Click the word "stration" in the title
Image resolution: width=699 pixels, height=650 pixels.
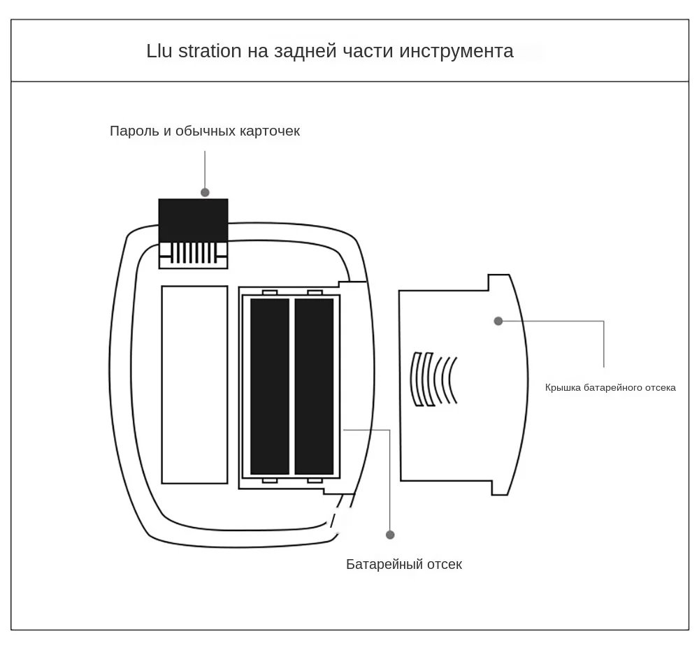click(x=210, y=51)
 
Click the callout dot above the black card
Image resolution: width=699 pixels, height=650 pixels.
click(x=205, y=192)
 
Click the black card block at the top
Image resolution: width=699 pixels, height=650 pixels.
click(x=193, y=220)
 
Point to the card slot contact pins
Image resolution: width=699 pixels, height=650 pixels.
click(x=193, y=252)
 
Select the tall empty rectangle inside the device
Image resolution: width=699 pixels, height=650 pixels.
click(x=194, y=384)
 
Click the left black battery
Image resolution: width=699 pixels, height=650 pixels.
click(x=270, y=386)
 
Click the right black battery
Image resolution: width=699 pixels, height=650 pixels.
click(x=314, y=386)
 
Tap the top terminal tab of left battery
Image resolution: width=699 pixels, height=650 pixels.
click(x=270, y=292)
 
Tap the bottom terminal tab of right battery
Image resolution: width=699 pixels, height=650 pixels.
click(x=315, y=480)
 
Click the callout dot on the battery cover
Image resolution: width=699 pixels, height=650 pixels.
click(x=498, y=322)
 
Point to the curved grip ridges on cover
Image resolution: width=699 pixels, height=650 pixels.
click(x=433, y=379)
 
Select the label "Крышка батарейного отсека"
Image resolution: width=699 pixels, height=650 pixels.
click(x=610, y=388)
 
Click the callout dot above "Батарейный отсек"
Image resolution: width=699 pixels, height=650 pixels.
click(x=390, y=535)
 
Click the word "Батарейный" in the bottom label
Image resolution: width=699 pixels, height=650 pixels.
click(x=382, y=564)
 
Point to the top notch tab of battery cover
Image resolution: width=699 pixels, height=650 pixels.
click(x=498, y=282)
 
